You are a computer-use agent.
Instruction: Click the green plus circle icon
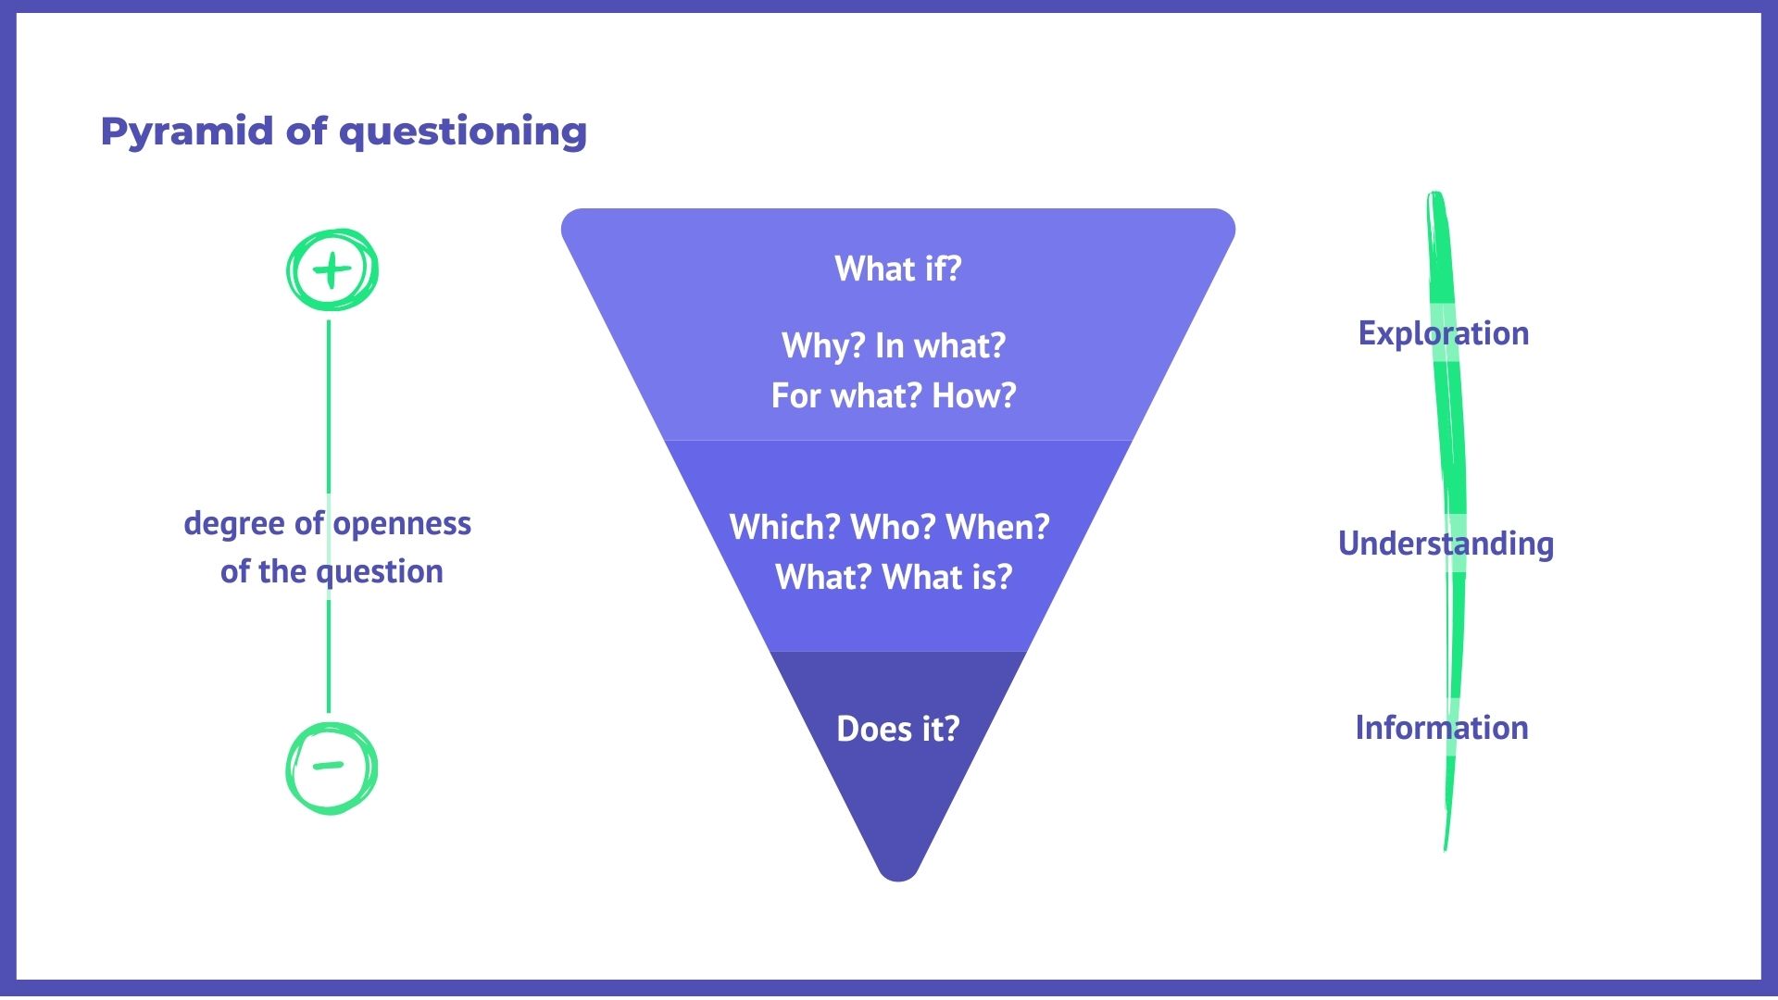click(332, 269)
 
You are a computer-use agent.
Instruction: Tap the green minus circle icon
click(332, 768)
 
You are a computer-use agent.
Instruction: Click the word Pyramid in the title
click(187, 132)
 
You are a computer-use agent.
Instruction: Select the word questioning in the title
click(463, 132)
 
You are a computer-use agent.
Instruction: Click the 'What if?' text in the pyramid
click(898, 269)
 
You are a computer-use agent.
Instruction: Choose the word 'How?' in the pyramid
click(974, 395)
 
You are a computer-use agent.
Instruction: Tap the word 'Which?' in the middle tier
click(785, 527)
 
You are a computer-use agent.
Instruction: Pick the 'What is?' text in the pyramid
click(947, 577)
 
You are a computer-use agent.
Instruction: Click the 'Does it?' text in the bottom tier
click(898, 729)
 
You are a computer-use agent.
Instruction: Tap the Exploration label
click(1444, 333)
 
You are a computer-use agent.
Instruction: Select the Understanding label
click(1446, 544)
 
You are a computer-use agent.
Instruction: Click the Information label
click(1442, 728)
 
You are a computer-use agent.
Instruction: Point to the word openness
click(402, 524)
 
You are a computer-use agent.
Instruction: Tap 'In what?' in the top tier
click(941, 345)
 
